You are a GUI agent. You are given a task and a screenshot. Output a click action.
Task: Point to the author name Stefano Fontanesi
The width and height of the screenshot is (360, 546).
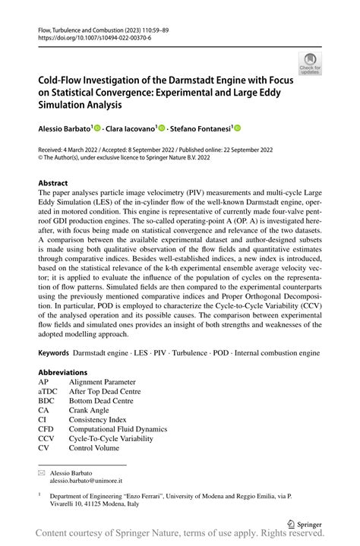tap(199, 131)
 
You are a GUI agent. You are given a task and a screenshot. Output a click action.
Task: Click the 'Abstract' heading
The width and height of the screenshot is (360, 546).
tap(55, 184)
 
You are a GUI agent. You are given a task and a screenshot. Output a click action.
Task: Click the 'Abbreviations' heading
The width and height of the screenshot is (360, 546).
tap(65, 372)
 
